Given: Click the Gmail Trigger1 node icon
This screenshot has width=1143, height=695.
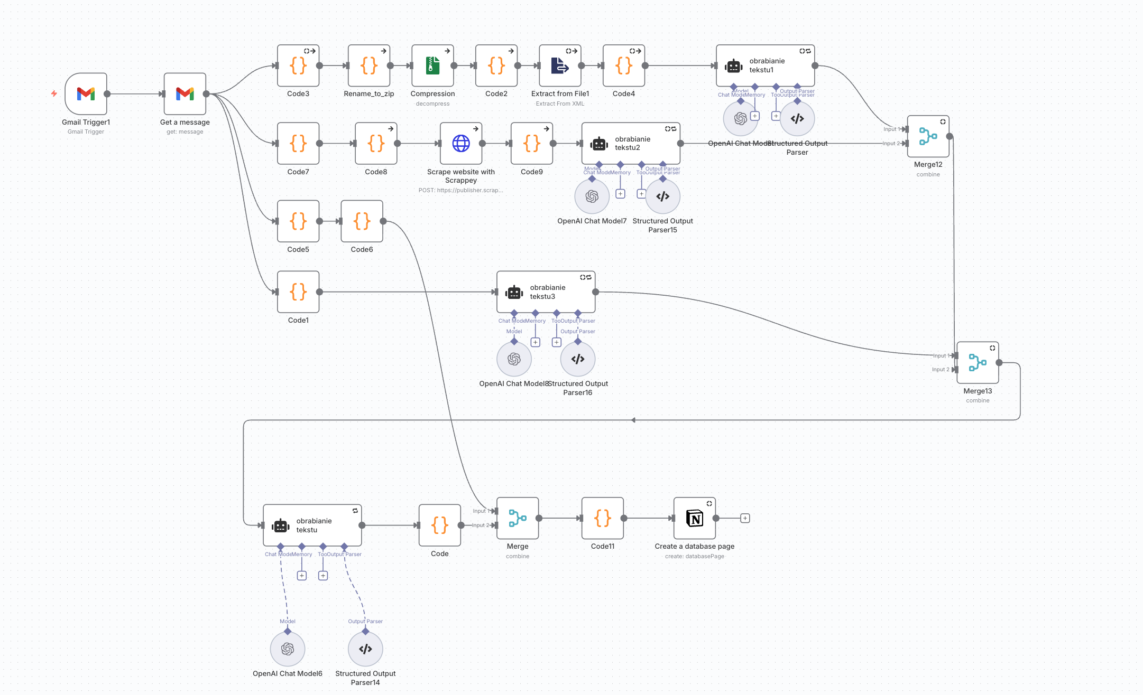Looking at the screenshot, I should (86, 94).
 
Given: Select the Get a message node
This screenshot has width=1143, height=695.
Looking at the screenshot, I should (185, 94).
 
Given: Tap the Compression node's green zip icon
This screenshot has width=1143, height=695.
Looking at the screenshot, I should (432, 65).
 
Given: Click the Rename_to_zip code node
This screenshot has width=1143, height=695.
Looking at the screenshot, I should (368, 65).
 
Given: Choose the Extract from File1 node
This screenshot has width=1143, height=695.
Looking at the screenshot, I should (560, 65).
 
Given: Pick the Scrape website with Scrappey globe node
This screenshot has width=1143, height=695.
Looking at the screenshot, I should (460, 144).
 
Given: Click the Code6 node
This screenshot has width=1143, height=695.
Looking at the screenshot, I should (362, 221).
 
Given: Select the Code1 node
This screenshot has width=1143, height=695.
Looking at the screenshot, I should (298, 292).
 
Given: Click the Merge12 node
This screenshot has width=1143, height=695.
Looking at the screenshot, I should (928, 136).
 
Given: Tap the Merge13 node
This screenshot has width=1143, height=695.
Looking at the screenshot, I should (978, 363).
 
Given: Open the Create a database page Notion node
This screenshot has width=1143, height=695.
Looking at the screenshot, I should (694, 518).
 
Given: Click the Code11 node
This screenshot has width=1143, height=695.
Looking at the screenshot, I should (602, 518).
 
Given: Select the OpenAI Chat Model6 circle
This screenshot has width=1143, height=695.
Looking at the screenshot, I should (287, 649).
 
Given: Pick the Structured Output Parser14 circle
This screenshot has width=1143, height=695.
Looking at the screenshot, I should (365, 649).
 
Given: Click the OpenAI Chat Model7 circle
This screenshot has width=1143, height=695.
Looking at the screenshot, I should (592, 196).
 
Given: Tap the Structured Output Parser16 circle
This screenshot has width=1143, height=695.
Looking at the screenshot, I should (577, 359).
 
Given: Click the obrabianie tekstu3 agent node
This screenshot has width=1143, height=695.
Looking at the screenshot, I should (546, 292).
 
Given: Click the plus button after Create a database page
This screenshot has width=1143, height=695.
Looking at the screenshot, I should (745, 518).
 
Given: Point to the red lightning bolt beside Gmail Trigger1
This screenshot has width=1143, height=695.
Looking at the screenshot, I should (54, 93).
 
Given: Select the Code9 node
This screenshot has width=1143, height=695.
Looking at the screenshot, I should (531, 144).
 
